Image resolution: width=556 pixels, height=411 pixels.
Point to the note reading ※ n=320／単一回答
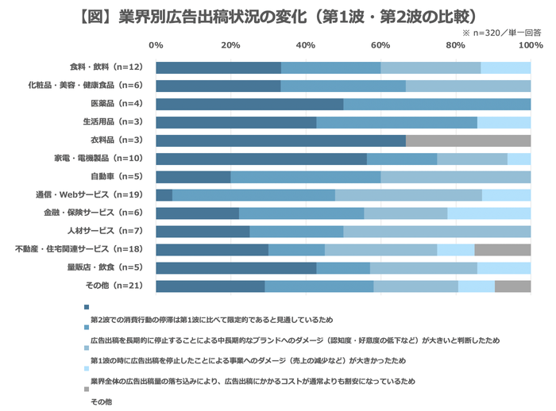point(501,33)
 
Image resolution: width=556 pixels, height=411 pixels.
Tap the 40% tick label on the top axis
point(306,45)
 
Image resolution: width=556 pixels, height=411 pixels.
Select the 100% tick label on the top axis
point(530,45)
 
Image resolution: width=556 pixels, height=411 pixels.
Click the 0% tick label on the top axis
point(156,45)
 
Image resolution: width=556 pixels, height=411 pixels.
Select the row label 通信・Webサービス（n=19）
point(95,194)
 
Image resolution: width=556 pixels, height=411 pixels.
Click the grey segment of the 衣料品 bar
point(468,140)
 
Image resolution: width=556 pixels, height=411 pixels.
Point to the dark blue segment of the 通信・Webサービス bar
point(164,195)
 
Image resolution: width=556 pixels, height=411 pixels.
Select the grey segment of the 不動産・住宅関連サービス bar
point(502,250)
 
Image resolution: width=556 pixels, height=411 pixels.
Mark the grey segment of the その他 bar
point(512,286)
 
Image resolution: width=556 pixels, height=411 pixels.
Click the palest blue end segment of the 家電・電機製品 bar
point(519,159)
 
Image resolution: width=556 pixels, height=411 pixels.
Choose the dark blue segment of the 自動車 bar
point(193,177)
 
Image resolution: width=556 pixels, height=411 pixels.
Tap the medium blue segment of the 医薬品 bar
point(437,104)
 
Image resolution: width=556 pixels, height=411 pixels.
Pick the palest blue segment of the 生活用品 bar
point(504,122)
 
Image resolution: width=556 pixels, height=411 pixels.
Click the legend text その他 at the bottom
point(102,402)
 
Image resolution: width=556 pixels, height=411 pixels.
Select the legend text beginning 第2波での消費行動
point(211,320)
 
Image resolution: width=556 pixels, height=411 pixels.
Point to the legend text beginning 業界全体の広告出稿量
point(253,382)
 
